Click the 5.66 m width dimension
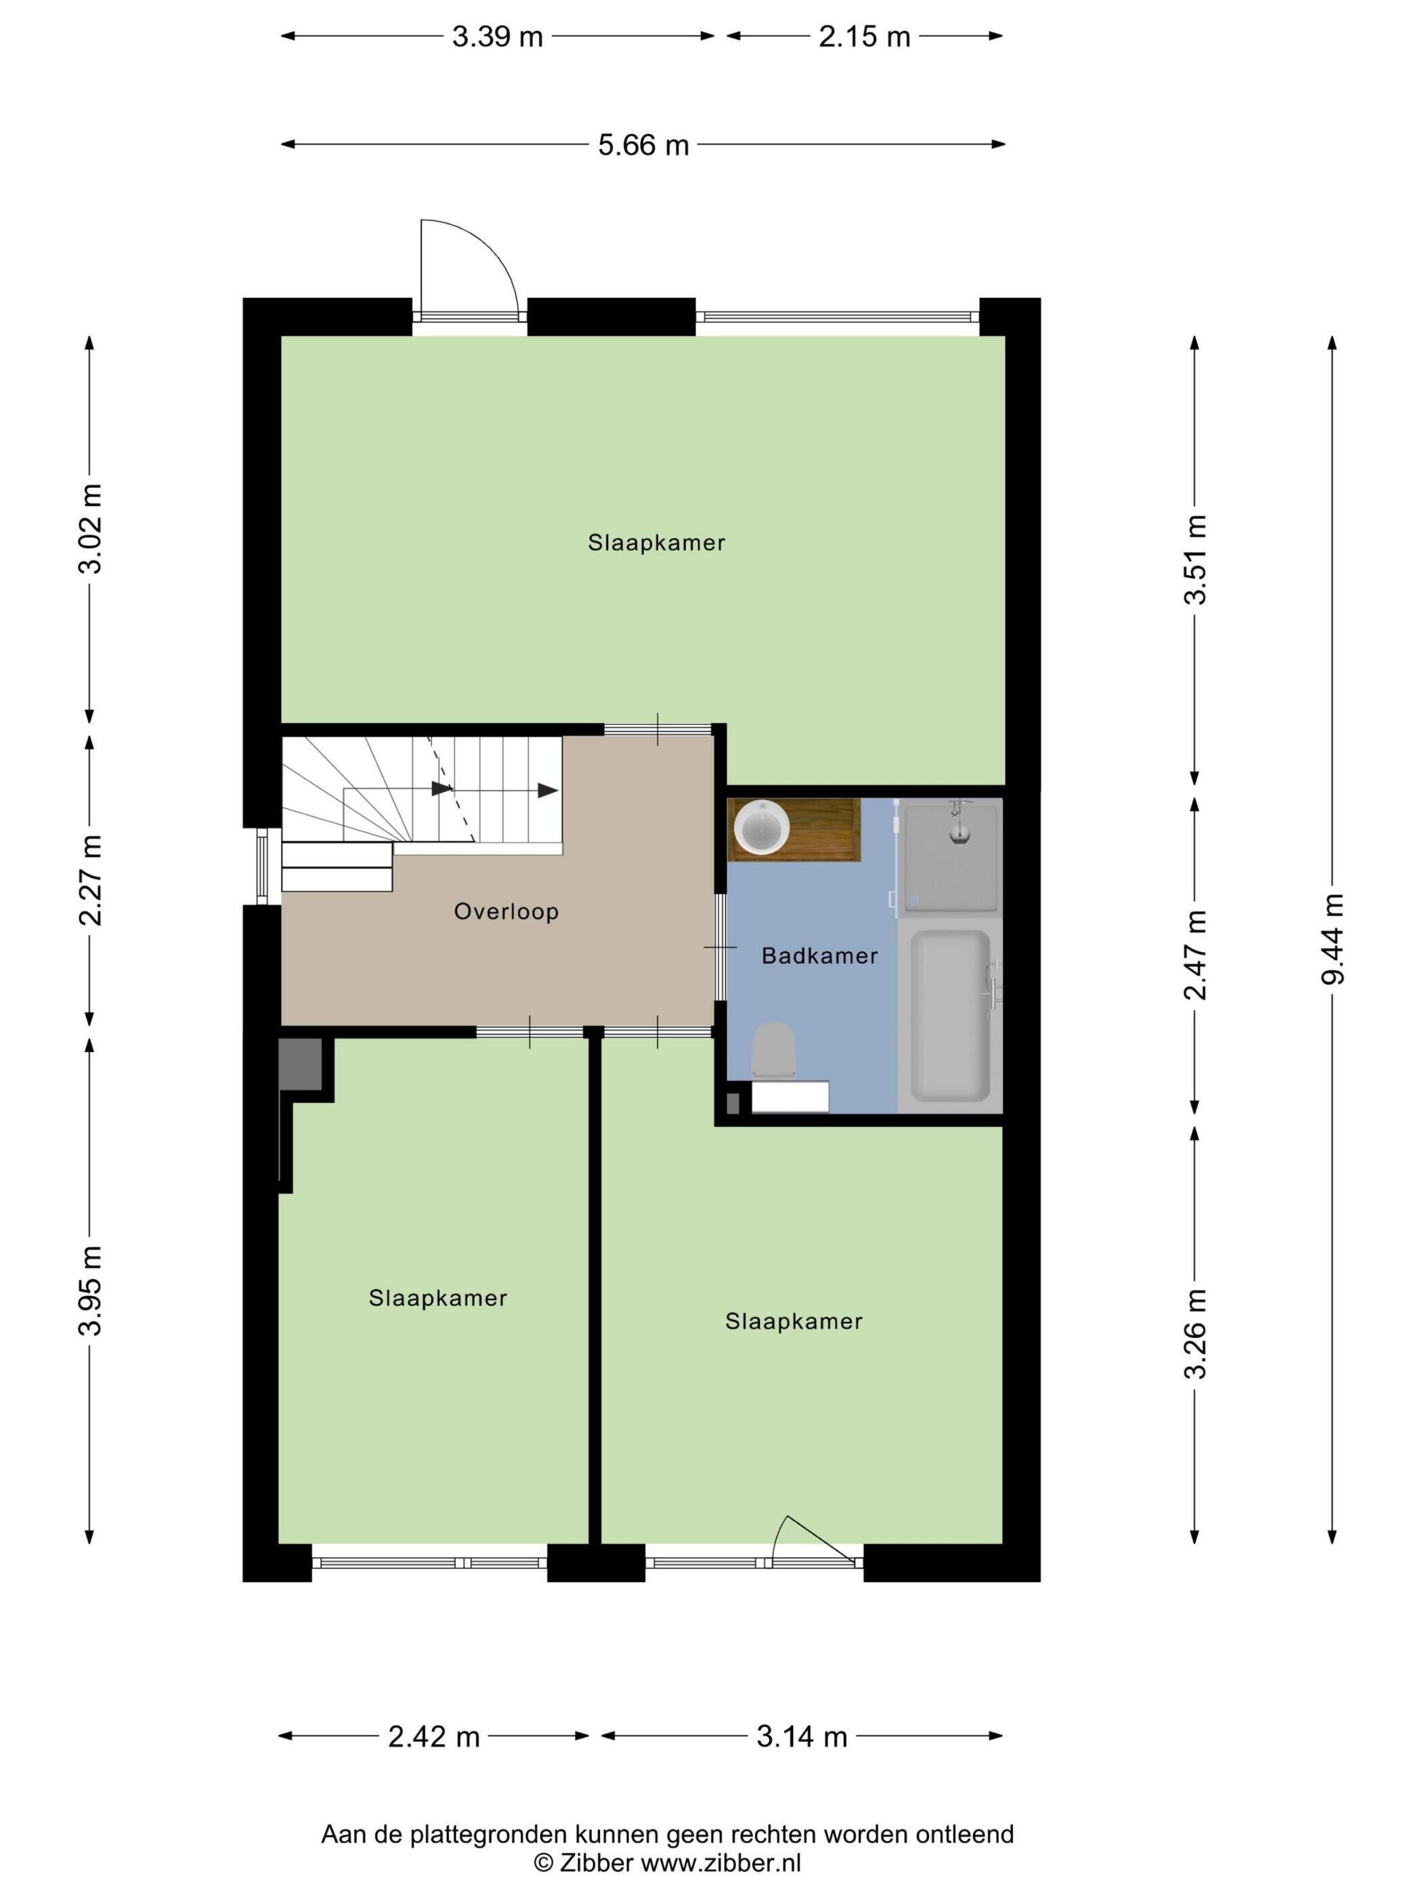tap(643, 145)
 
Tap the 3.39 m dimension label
tap(498, 36)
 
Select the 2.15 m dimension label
tap(864, 36)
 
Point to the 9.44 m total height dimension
tap(1331, 939)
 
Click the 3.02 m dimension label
tap(90, 528)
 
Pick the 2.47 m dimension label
tap(1195, 955)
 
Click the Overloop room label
tap(506, 911)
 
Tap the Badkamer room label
tap(819, 955)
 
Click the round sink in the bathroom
tap(762, 828)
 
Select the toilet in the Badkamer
tap(774, 1049)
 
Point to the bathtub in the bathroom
tap(950, 1016)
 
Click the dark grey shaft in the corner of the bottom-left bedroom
tap(300, 1064)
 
